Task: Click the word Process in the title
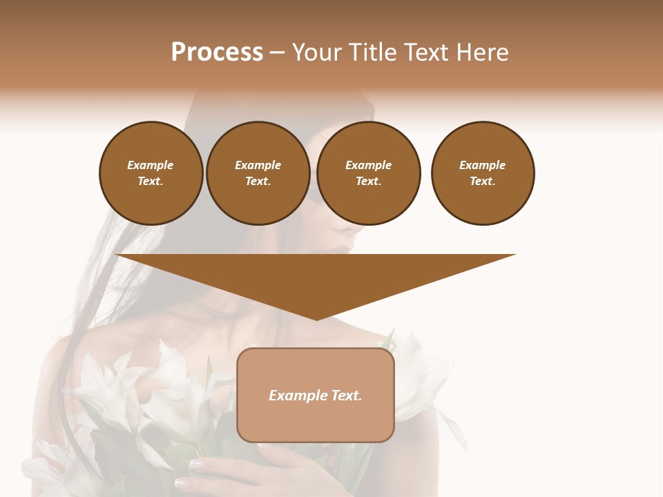[217, 52]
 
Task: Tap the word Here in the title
[481, 52]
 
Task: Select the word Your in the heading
[316, 52]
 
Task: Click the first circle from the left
[151, 173]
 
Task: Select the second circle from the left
[258, 173]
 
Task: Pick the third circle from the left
[369, 173]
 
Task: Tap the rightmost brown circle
[483, 173]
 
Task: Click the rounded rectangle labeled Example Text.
[316, 395]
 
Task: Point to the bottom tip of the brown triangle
[316, 320]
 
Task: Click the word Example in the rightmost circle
[483, 165]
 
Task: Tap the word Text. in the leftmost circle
[151, 182]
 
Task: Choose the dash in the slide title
[277, 52]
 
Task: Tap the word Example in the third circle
[369, 165]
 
